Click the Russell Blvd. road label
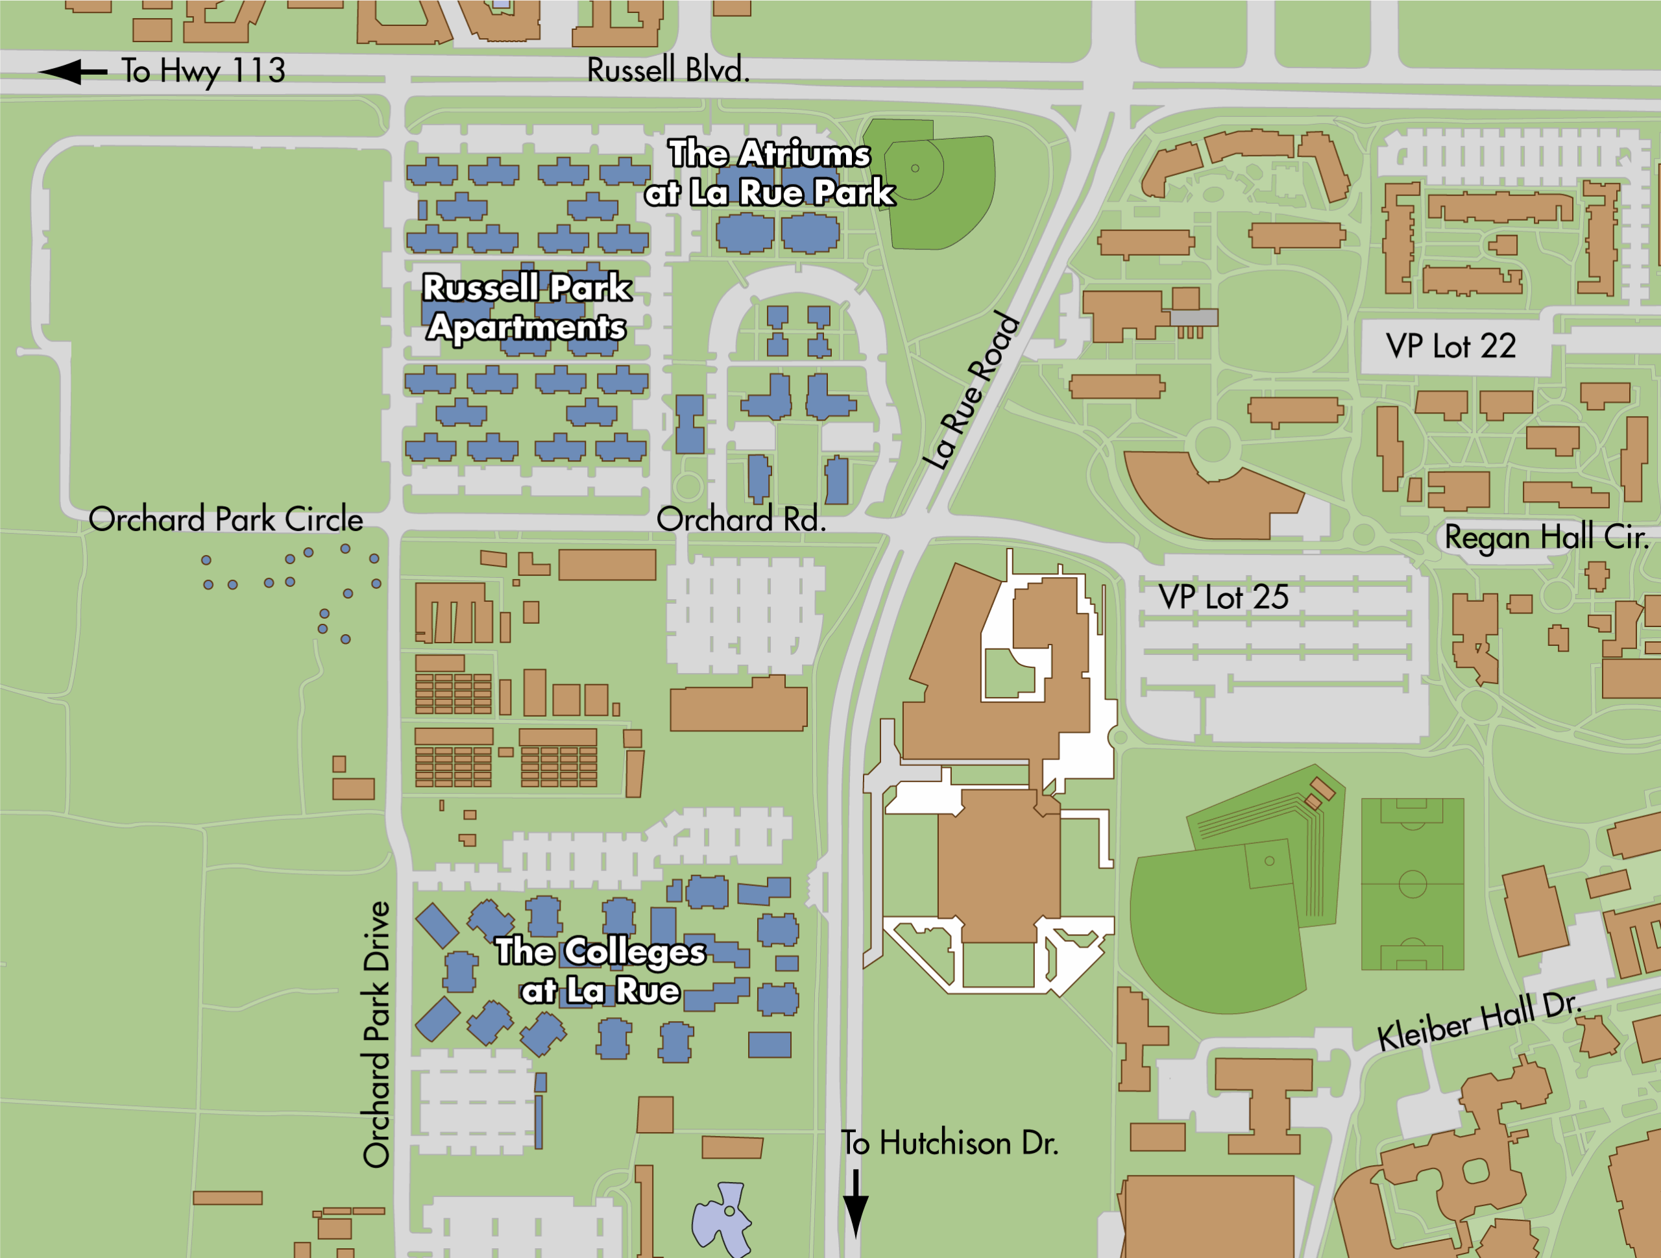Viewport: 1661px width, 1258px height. (668, 70)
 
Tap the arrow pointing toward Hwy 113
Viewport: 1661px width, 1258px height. (73, 72)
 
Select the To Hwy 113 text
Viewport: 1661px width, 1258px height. (204, 71)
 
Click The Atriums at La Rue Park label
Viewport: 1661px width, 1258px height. (770, 173)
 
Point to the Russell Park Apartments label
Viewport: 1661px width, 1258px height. (526, 307)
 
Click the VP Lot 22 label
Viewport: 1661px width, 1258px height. (1451, 346)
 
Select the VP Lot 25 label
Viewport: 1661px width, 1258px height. (1223, 597)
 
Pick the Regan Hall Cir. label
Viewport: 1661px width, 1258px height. (1546, 537)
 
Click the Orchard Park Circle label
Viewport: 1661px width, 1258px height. (225, 519)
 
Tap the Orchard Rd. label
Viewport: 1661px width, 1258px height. (741, 519)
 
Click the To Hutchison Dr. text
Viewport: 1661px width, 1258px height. (949, 1143)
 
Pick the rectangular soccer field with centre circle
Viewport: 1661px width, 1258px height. (1412, 884)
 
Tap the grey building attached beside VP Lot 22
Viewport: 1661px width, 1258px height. (1194, 317)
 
